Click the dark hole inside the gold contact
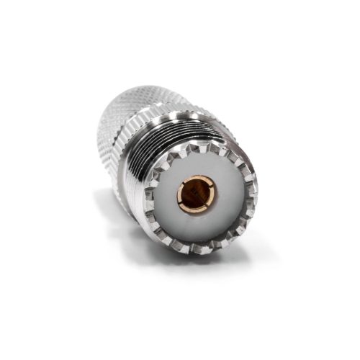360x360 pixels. [x=194, y=193]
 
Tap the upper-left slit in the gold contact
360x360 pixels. [x=184, y=183]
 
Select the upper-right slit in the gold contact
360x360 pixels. [x=207, y=181]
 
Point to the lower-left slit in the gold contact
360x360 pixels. [x=184, y=205]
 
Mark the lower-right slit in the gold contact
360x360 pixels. [x=208, y=204]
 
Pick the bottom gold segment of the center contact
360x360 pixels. [x=196, y=210]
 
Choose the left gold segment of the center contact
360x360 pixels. [x=180, y=194]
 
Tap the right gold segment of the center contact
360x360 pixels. [x=212, y=193]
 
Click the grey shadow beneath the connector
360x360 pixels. [x=130, y=238]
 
